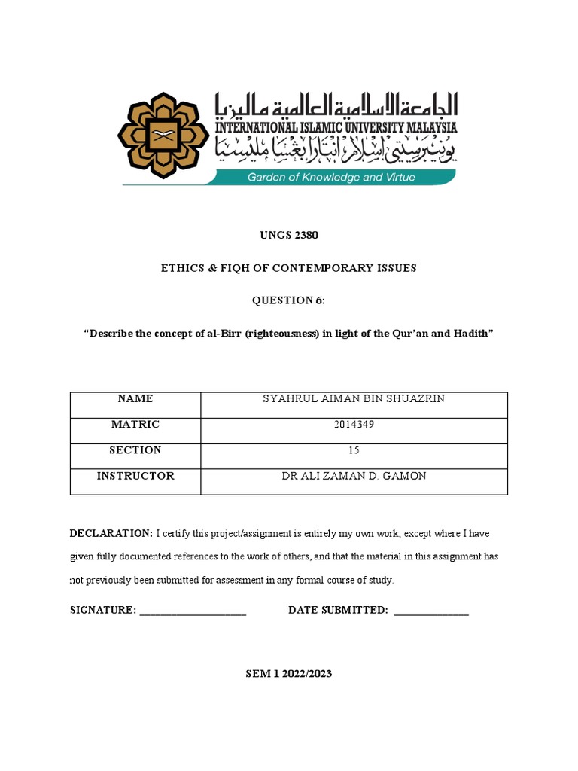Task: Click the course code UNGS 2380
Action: (x=289, y=236)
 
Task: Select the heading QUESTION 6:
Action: (x=289, y=301)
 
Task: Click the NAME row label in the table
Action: (x=135, y=399)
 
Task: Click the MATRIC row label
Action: (x=135, y=425)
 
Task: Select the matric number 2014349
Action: (x=353, y=425)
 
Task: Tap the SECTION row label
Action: (x=135, y=450)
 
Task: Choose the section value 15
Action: (x=353, y=450)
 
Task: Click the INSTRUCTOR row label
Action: (x=135, y=476)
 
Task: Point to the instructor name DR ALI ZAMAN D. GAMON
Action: (x=353, y=476)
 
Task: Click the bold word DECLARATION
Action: (x=111, y=534)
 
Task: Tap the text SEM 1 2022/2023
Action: (x=289, y=674)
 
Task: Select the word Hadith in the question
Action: (x=473, y=334)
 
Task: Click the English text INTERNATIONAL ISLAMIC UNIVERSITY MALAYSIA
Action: (x=336, y=128)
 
